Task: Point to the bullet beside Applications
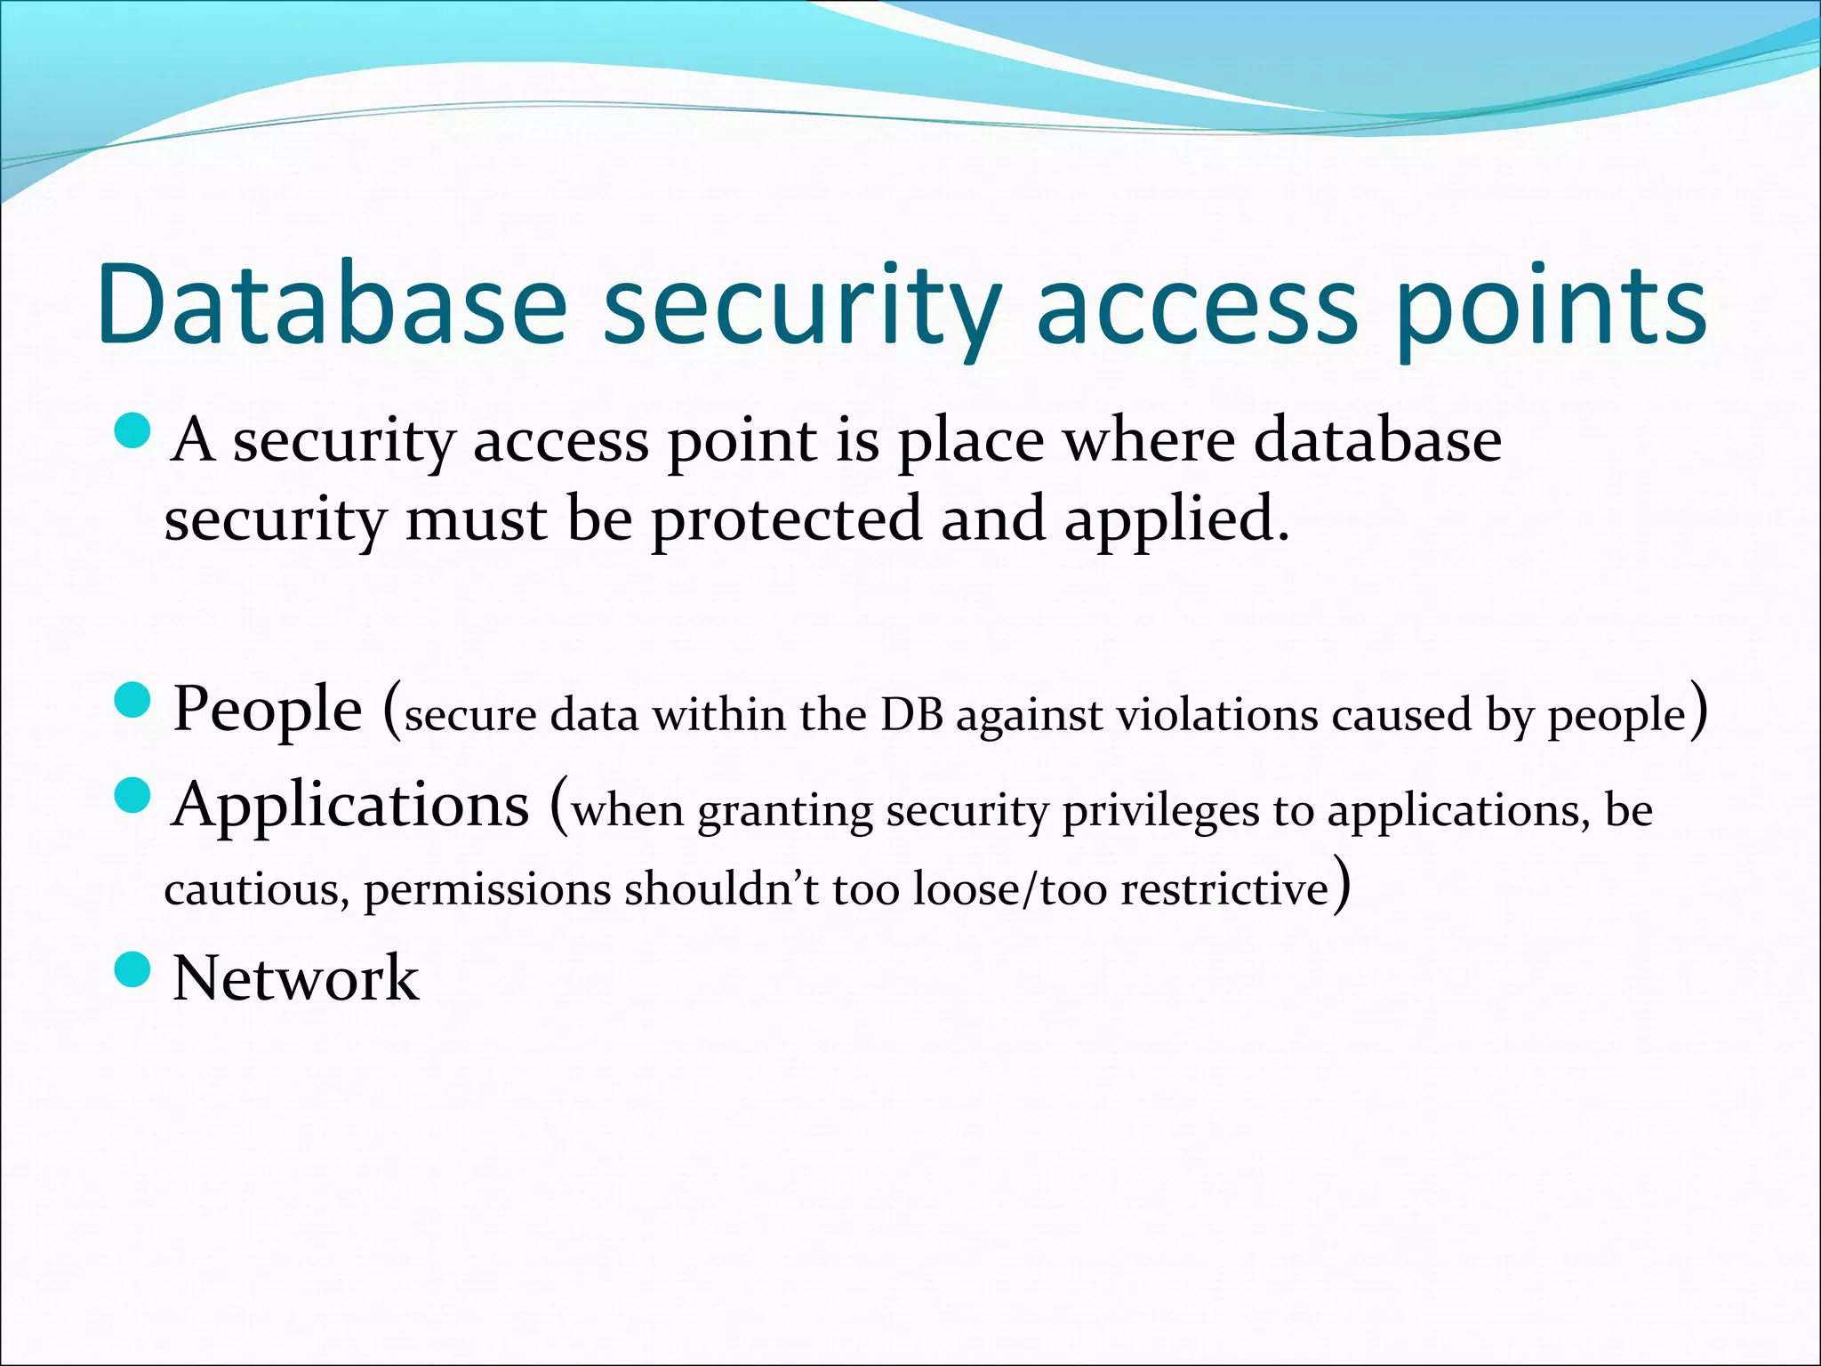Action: [134, 794]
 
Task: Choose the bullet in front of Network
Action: [134, 968]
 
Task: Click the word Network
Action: [295, 977]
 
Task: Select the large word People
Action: [267, 710]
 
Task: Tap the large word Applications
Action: [351, 804]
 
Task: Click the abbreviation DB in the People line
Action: [911, 714]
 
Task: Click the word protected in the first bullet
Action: [786, 519]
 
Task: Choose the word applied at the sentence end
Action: [1175, 519]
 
